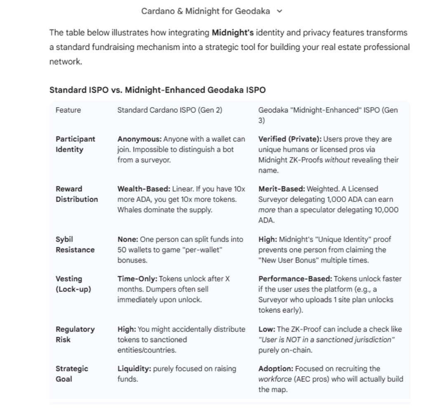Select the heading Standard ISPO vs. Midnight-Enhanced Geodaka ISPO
click(157, 90)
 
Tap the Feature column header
click(68, 110)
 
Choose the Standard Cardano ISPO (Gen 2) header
click(170, 110)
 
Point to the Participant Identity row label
click(75, 144)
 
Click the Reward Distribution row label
click(77, 194)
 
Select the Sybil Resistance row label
click(75, 244)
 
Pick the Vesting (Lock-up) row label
click(73, 284)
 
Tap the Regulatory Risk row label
click(75, 334)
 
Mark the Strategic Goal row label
click(72, 373)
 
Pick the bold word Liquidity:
click(134, 368)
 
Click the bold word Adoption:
click(276, 368)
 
